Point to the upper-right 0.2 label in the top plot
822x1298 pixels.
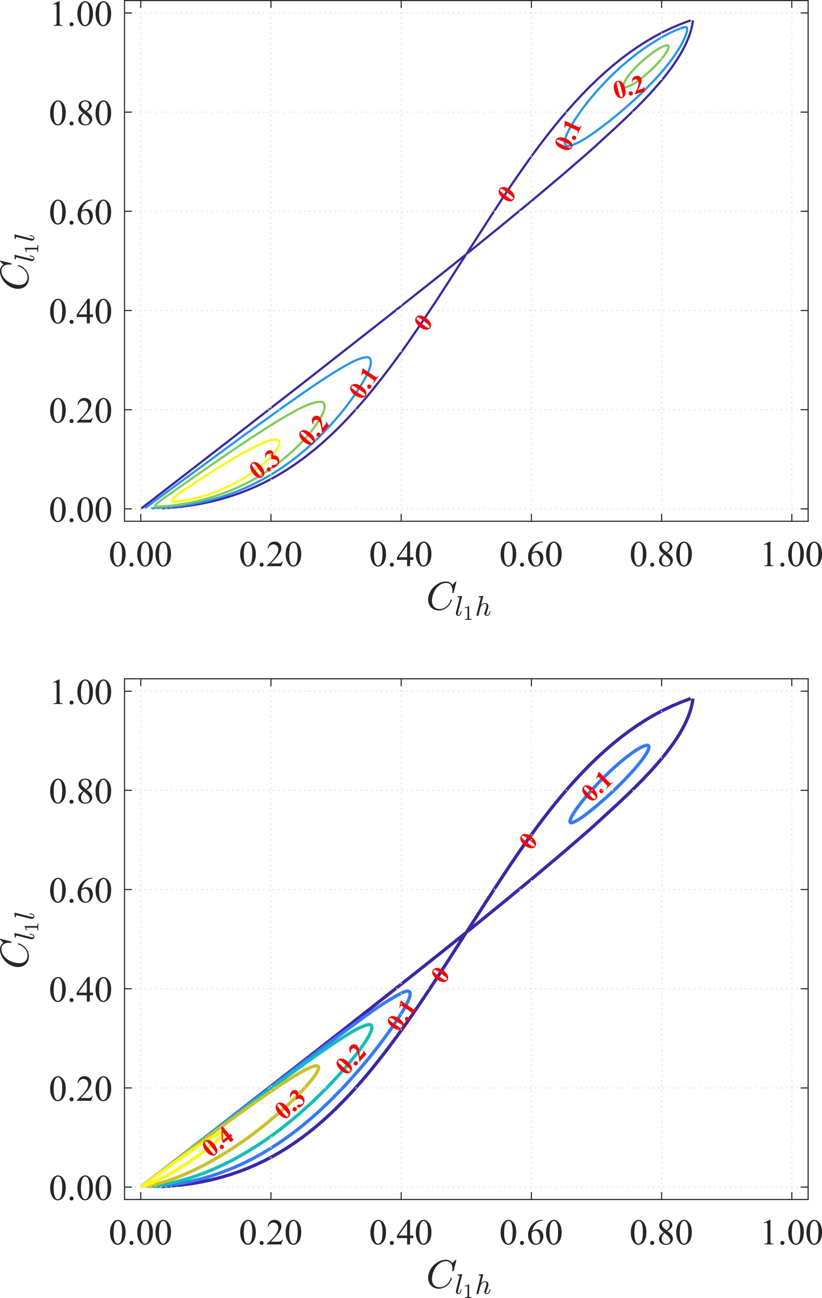point(629,86)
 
